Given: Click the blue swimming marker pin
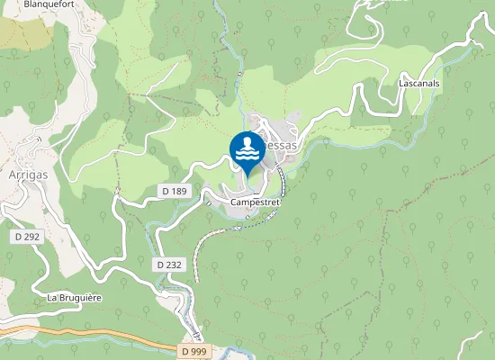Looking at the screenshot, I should pos(247,150).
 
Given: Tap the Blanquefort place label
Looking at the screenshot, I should pos(49,4).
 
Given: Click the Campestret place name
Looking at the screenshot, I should pos(256,202).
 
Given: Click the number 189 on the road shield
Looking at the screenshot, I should pos(180,191).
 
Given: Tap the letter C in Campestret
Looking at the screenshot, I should pos(234,202).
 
